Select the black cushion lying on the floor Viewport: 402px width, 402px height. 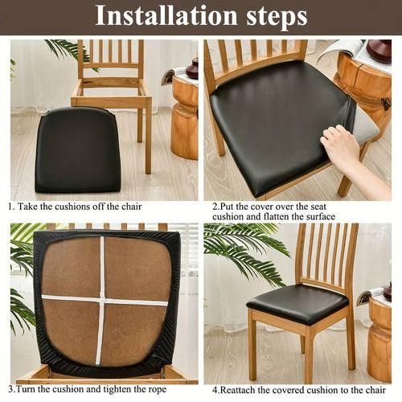pos(78,150)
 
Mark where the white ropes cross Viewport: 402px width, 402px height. pos(103,300)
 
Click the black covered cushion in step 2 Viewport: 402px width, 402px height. pos(281,121)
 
